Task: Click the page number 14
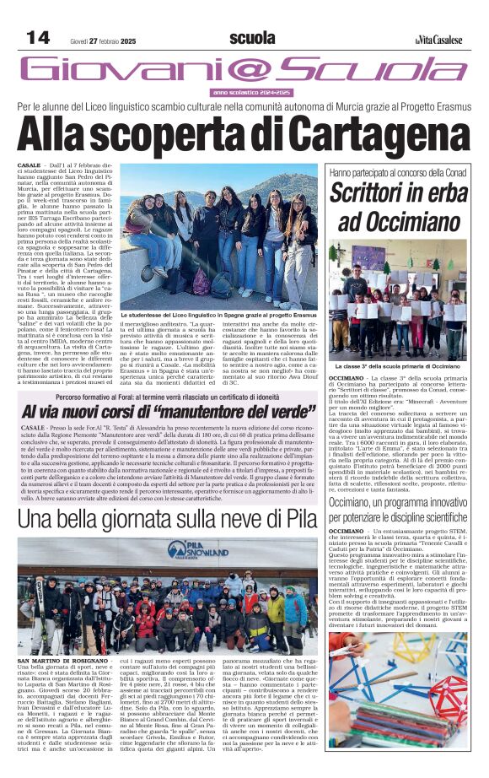click(38, 37)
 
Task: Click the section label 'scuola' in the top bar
click(252, 38)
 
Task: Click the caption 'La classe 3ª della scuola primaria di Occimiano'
click(398, 366)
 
